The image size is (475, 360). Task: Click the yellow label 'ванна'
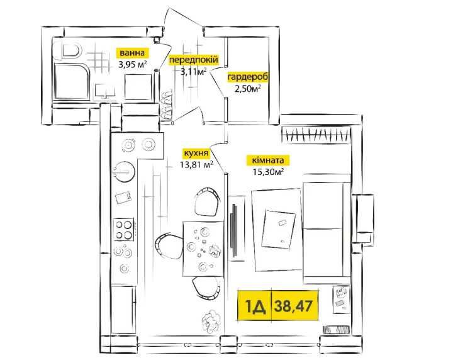132,53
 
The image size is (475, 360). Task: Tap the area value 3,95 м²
132,64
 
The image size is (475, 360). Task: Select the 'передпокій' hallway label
193,60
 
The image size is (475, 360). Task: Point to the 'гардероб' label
247,77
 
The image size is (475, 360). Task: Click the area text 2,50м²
247,89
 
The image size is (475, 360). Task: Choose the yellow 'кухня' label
196,154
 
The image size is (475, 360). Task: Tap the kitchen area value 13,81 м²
196,164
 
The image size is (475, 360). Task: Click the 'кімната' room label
268,160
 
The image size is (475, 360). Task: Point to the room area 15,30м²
268,172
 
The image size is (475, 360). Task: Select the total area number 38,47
293,306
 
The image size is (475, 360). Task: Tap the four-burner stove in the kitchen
123,229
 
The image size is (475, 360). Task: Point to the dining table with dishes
203,249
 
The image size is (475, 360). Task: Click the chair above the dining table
207,201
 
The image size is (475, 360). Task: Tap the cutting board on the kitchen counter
123,198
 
